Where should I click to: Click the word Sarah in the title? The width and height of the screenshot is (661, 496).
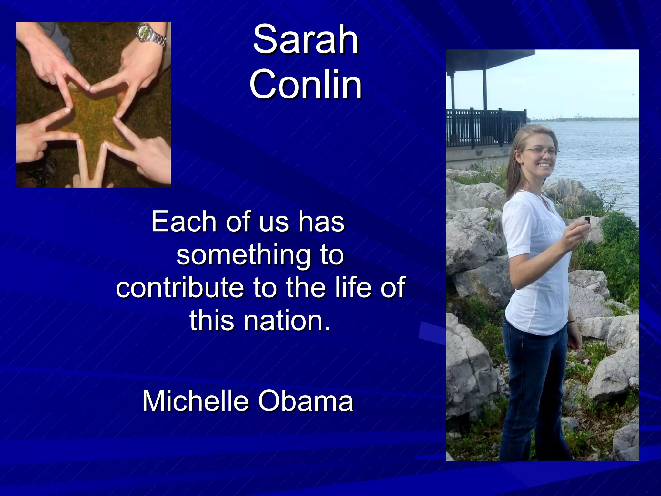(305, 40)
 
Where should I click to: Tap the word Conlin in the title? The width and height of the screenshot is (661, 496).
(305, 85)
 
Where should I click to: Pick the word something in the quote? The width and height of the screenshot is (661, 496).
(243, 256)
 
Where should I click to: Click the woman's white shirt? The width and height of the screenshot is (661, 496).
(536, 265)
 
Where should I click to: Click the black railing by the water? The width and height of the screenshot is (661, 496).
(484, 126)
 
